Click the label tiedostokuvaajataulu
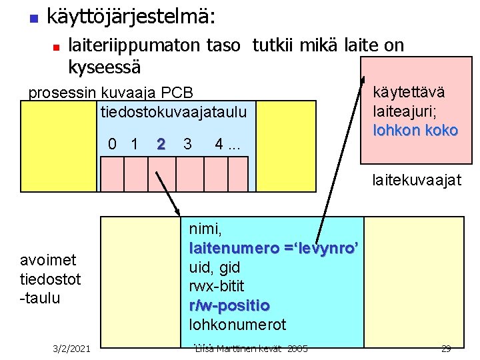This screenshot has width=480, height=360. tap(173, 110)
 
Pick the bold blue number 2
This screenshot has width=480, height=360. tap(161, 144)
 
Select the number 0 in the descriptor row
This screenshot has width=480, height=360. tap(113, 144)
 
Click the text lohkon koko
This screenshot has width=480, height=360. tap(415, 130)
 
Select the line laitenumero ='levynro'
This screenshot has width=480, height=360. tap(275, 249)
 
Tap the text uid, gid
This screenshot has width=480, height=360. tap(215, 267)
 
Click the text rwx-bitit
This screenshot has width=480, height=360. tap(217, 287)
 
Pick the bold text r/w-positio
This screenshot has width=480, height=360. tap(229, 306)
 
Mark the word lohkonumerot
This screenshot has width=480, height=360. tap(237, 325)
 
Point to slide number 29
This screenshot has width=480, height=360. tap(446, 349)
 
